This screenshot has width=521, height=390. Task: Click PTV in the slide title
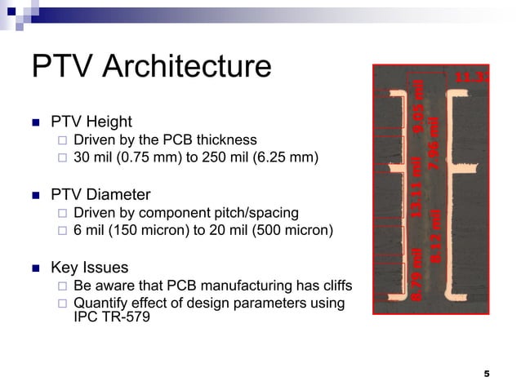60,67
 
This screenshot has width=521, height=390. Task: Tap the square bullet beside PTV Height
35,123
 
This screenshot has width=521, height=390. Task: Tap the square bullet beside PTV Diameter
35,196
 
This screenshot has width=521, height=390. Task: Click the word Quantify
101,304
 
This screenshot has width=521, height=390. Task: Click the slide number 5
487,374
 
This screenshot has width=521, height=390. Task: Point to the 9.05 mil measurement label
419,103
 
